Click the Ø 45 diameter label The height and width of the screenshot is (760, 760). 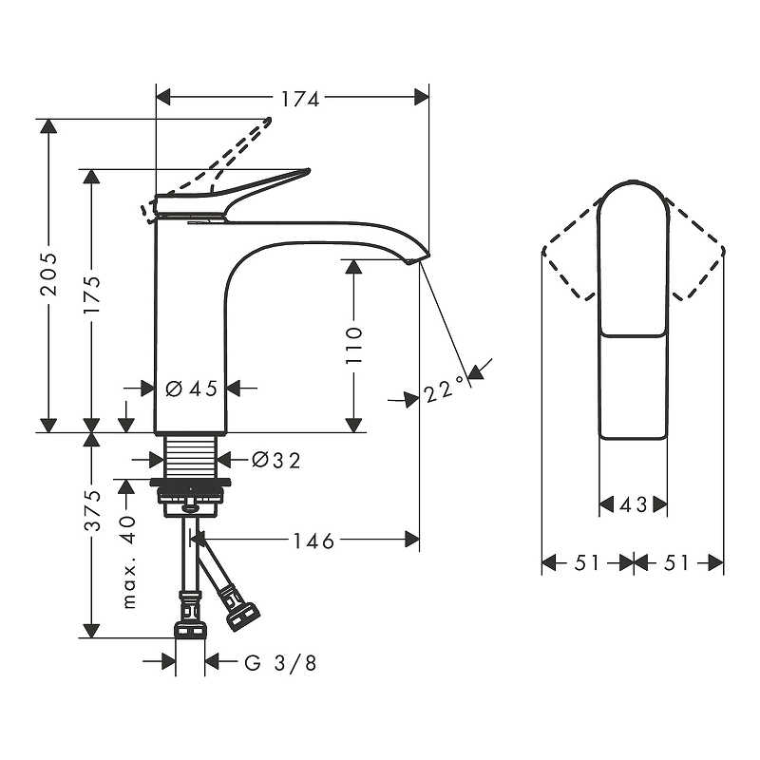point(191,388)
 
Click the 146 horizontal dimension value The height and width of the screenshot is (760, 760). point(313,541)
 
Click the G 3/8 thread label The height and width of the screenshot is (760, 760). point(280,663)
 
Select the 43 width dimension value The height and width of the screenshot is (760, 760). point(634,505)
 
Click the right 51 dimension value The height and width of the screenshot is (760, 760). point(676,563)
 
